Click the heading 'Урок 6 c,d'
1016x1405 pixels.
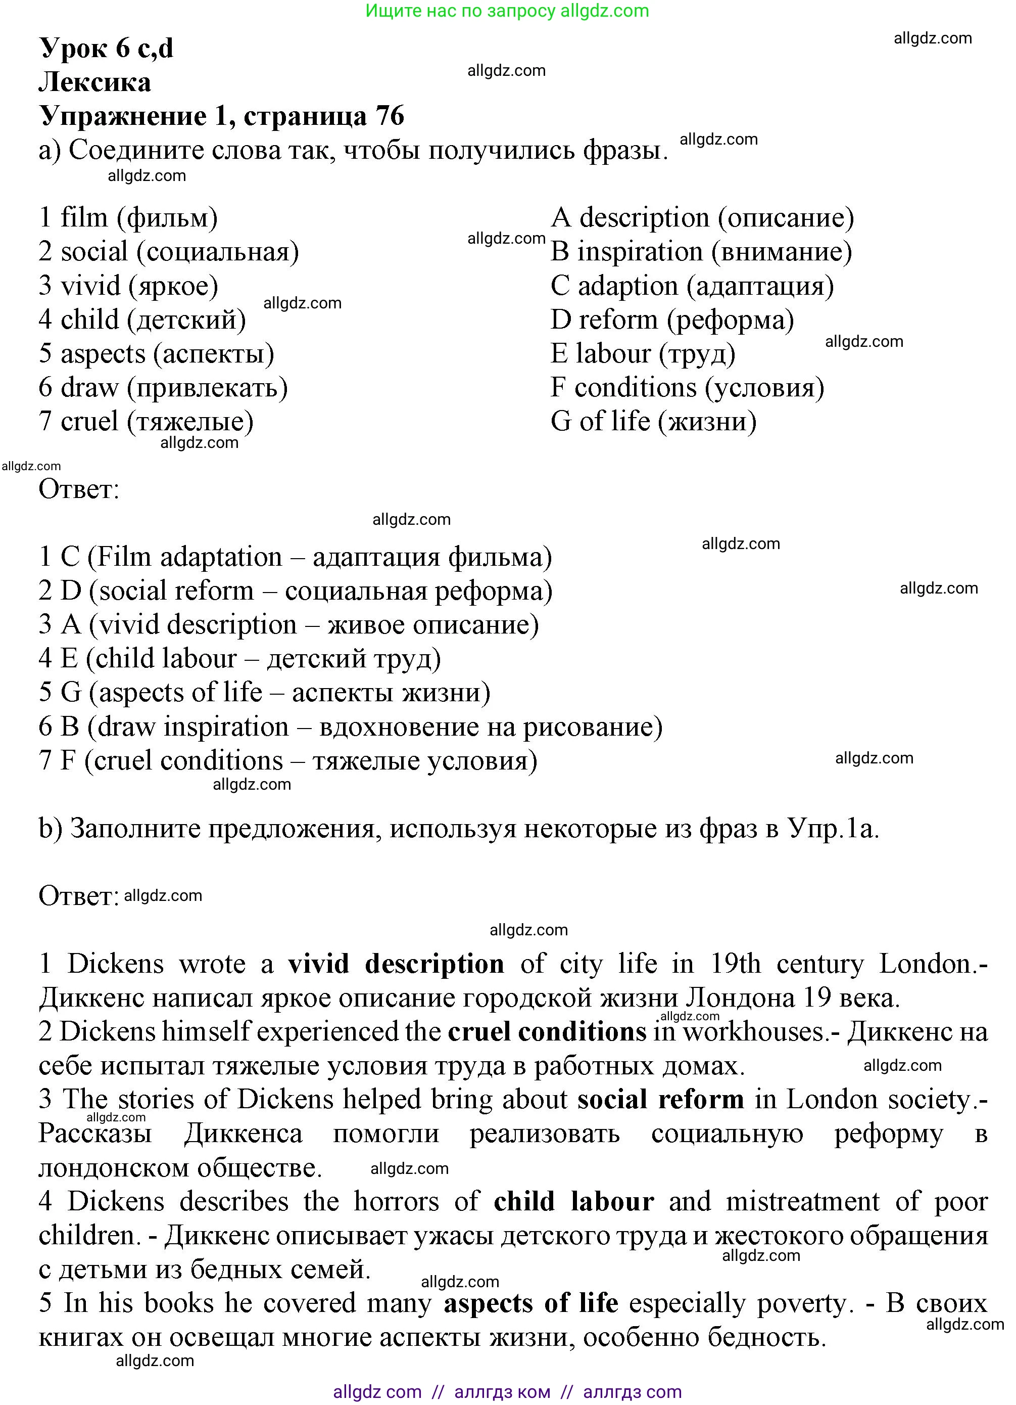tap(106, 49)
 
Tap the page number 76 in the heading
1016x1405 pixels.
tap(390, 116)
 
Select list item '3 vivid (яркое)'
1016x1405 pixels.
tap(128, 286)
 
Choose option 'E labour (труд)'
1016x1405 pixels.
tap(643, 354)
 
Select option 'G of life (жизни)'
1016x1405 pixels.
tap(653, 422)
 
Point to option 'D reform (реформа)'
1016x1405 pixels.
tap(672, 320)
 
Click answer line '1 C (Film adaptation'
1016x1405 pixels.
tap(295, 557)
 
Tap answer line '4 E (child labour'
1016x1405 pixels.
tap(239, 659)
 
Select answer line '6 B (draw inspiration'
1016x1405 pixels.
tap(350, 727)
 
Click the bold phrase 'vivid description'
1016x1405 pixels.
tap(396, 965)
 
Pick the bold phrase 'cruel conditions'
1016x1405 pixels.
tap(547, 1032)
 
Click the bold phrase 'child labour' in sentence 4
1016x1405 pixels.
tap(573, 1202)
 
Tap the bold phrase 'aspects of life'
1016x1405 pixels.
tap(530, 1303)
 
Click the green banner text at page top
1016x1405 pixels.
tap(507, 11)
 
